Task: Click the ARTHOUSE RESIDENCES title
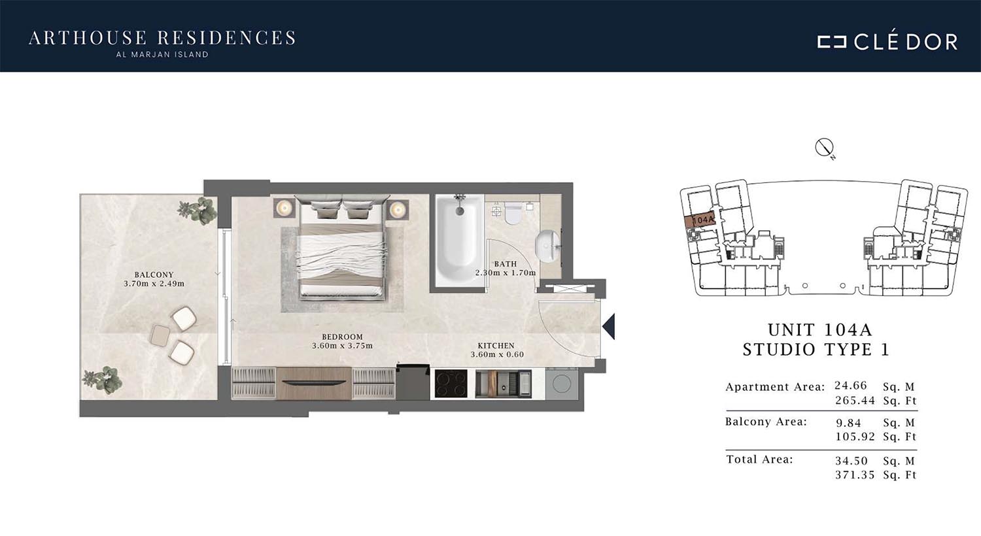[x=162, y=38]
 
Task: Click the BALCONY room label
[x=154, y=275]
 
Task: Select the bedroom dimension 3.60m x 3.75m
[x=343, y=346]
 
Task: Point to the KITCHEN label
[x=496, y=346]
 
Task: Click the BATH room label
[x=506, y=264]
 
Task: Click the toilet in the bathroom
[x=513, y=213]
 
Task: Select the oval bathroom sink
[x=547, y=247]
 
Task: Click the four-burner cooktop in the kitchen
[x=451, y=384]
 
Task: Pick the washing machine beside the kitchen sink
[x=561, y=384]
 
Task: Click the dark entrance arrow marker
[x=609, y=326]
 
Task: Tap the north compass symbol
[x=824, y=148]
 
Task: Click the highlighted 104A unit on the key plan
[x=699, y=220]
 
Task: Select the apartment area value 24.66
[x=850, y=386]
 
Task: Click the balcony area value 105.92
[x=855, y=436]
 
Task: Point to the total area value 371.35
[x=855, y=475]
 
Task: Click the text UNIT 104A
[x=820, y=330]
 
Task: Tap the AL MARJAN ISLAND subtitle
[x=162, y=55]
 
